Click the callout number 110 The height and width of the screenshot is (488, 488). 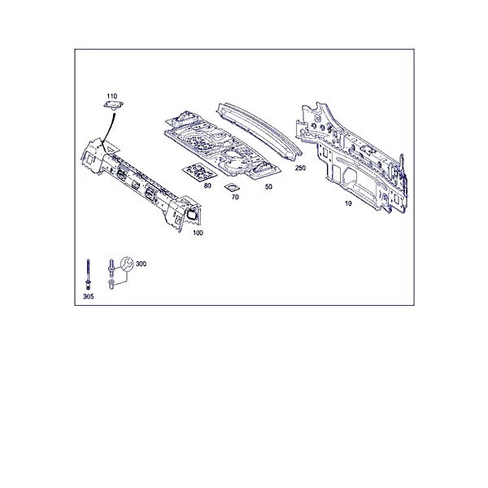[111, 96]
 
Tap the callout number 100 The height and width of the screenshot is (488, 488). [198, 233]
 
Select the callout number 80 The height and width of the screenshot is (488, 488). [207, 185]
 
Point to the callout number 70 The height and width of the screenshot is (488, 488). [235, 198]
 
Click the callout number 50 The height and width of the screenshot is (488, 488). [268, 187]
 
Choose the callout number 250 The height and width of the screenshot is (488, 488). [300, 168]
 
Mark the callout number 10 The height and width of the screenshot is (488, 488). [348, 203]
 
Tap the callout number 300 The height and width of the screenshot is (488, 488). [141, 264]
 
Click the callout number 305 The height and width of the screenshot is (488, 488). [89, 297]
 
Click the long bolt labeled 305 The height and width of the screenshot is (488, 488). [88, 275]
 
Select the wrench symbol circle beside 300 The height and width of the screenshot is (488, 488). [127, 264]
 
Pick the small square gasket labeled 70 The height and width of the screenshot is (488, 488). [232, 187]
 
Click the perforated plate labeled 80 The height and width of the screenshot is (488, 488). [199, 172]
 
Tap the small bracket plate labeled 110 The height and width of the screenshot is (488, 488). [113, 105]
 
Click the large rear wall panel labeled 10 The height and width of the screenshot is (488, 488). [351, 157]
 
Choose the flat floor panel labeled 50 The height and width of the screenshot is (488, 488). [223, 146]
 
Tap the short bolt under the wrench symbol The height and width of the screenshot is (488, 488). [111, 284]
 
